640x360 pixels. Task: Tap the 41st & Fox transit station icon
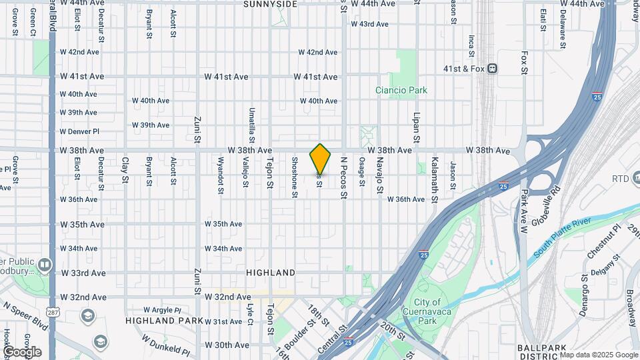(492, 68)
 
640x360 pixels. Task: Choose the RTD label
(621, 178)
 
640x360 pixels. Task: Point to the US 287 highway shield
(52, 311)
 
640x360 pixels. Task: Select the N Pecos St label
(344, 177)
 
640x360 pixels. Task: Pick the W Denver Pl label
(79, 131)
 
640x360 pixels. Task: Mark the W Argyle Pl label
(161, 310)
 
